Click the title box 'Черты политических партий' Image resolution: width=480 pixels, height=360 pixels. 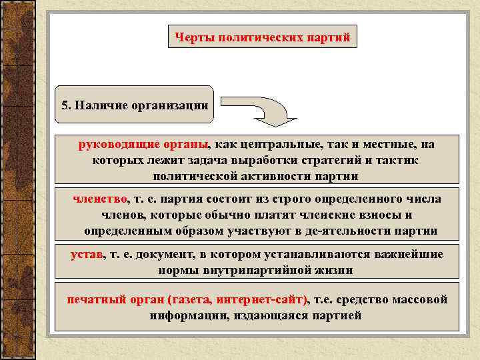tap(262, 37)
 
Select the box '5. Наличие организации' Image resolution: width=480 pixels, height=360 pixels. tap(134, 105)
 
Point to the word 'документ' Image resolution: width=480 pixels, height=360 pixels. tap(157, 254)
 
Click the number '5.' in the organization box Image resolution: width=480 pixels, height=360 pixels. tap(65, 105)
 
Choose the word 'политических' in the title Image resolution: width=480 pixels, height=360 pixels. tap(262, 37)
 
